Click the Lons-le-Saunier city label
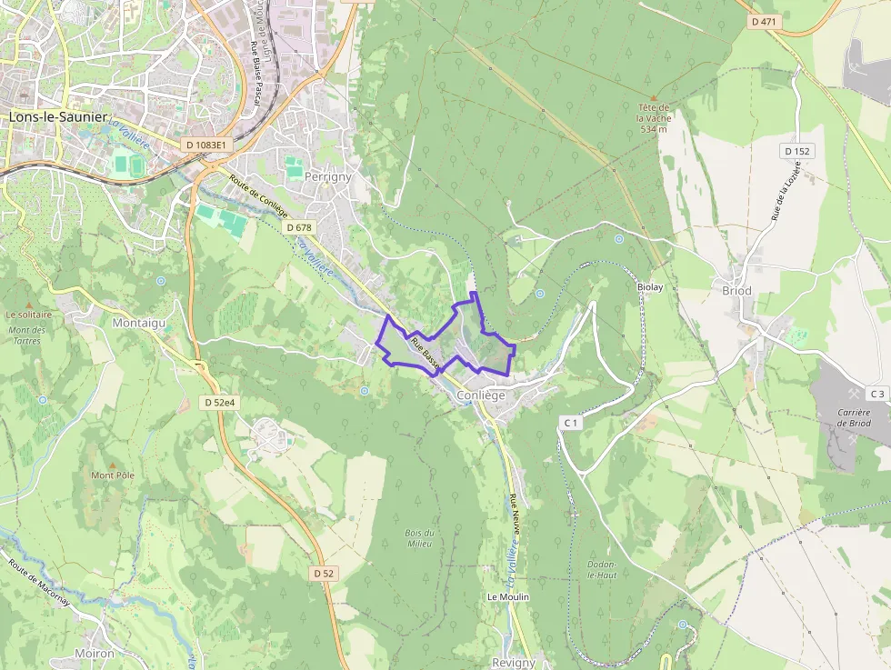tap(58, 117)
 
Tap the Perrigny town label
tap(328, 176)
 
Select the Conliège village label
tap(481, 395)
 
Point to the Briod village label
tap(736, 291)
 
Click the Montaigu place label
tap(139, 323)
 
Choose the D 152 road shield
tap(796, 151)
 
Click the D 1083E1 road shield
tap(208, 144)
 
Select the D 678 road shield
tap(298, 226)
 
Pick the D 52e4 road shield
tap(220, 401)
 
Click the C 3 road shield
tap(876, 394)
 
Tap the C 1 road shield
tap(571, 423)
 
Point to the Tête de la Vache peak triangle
tap(653, 96)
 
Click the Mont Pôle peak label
tap(113, 475)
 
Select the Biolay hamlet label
tap(651, 285)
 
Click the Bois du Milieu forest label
tap(418, 537)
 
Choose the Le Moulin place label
tap(508, 596)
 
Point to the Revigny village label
tap(514, 663)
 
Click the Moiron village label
tap(95, 653)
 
